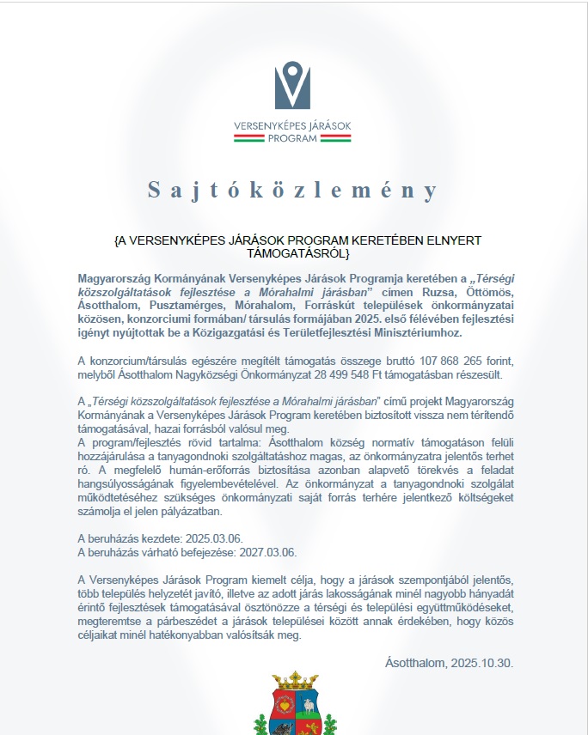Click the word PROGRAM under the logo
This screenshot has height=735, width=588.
coord(292,139)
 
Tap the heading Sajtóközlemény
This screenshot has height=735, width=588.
coord(292,190)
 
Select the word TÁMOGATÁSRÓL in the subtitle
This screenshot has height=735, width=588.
coord(293,254)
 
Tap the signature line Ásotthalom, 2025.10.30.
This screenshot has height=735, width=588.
coord(450,663)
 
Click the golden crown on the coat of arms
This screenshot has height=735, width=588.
coord(292,681)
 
